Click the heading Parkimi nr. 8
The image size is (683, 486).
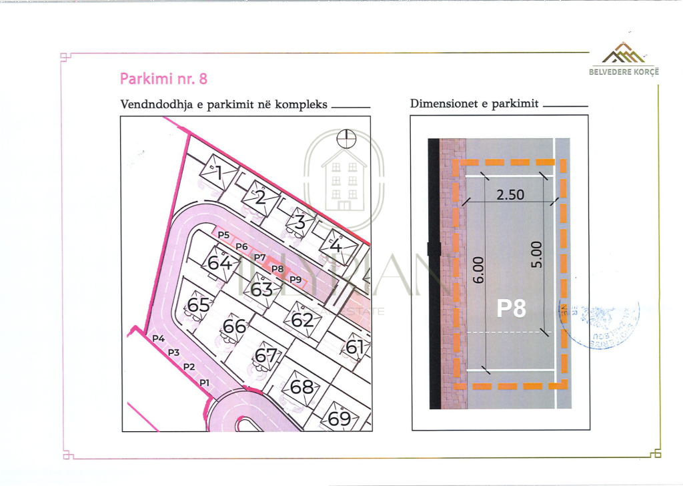point(163,78)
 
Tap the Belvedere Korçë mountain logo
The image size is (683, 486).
point(624,53)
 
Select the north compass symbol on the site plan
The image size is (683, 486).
point(346,139)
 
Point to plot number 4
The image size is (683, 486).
point(336,246)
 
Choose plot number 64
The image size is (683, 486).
point(219,262)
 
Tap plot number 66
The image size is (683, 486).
point(235,327)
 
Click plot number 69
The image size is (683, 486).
point(339,419)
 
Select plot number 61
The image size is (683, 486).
point(356,347)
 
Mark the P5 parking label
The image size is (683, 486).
point(223,234)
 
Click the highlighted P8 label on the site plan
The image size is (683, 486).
point(277,269)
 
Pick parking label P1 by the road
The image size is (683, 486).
point(205,382)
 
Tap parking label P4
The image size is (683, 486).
point(159,338)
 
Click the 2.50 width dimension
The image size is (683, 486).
point(510,195)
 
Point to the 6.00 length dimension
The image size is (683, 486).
point(478,270)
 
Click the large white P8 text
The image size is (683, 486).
point(512,308)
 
